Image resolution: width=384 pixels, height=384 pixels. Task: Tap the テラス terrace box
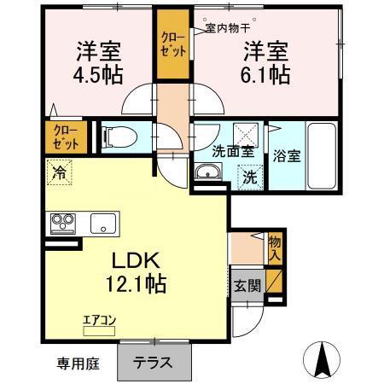(x=152, y=362)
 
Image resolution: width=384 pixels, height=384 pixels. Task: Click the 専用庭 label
(x=79, y=364)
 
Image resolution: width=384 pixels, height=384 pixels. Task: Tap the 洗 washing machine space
(x=250, y=177)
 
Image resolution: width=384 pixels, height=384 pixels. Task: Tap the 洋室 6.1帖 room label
(x=265, y=61)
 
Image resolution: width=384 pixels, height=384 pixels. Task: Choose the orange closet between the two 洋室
(x=173, y=44)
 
